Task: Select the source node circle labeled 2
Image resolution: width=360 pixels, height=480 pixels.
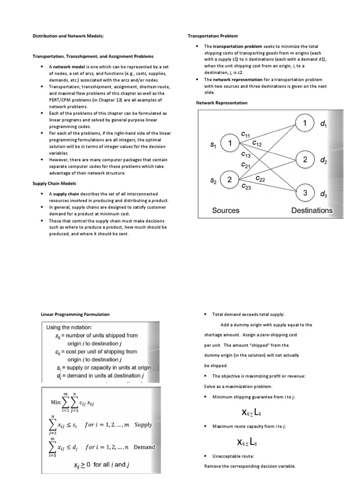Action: coord(230,180)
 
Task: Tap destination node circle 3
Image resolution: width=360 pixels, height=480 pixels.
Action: coord(305,193)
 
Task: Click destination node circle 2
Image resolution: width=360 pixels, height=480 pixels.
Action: coord(305,160)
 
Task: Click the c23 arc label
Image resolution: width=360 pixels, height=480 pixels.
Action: coord(246,186)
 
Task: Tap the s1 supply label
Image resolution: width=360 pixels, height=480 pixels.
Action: coord(213,145)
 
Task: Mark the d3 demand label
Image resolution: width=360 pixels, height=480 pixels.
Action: coord(323,194)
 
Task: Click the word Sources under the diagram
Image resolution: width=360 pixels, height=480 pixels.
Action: coord(226,210)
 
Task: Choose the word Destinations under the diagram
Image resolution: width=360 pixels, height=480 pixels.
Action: coord(312,210)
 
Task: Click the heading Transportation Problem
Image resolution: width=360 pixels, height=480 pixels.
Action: coord(213,36)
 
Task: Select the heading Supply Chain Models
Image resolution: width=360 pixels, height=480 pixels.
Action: coord(54,183)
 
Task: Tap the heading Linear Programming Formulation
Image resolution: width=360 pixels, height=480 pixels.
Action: coord(75,314)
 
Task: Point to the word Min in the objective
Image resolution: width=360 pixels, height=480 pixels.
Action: coord(56,402)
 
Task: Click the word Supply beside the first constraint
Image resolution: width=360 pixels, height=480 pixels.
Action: coord(143,425)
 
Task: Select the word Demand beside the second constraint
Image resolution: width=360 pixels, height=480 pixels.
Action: coord(144,447)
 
